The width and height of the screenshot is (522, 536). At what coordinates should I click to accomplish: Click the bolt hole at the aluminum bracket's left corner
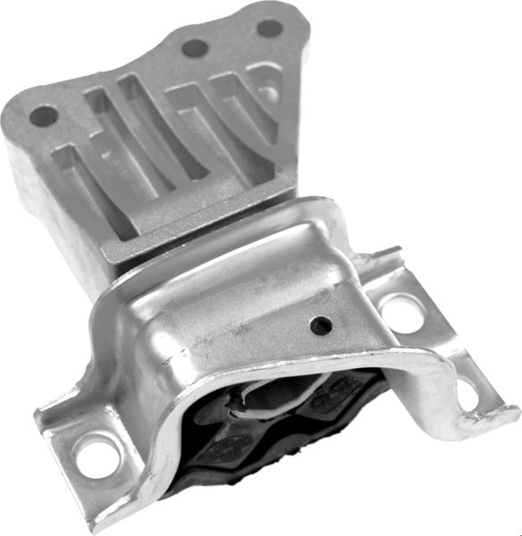41,115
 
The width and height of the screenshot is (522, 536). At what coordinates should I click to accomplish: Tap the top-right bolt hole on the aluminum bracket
269,28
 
